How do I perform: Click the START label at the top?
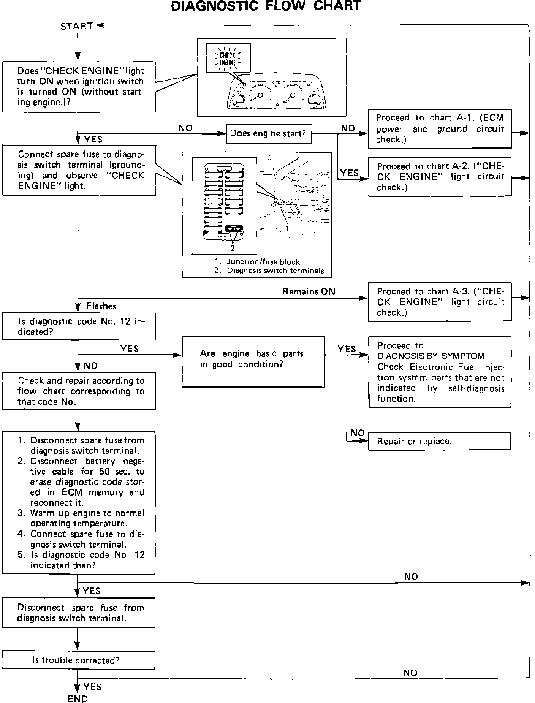point(77,26)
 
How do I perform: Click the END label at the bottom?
point(78,698)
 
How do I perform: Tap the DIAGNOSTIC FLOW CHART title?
point(266,6)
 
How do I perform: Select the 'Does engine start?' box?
point(269,134)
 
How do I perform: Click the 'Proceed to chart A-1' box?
point(440,129)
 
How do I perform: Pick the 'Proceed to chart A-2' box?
point(440,177)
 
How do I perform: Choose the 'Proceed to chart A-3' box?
point(440,302)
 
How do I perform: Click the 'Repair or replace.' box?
point(440,441)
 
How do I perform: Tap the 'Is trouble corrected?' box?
point(78,660)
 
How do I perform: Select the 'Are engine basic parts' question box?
point(253,361)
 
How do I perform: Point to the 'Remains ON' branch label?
point(309,292)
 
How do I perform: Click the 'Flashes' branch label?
point(101,306)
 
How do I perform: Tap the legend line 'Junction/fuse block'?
point(263,262)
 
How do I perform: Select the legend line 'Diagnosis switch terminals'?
point(275,271)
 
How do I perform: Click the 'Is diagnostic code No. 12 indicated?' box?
point(79,326)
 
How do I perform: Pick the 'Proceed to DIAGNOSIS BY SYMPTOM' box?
point(440,372)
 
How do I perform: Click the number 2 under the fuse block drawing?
point(233,249)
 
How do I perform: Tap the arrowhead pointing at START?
point(100,26)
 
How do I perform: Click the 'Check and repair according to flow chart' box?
point(79,391)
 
